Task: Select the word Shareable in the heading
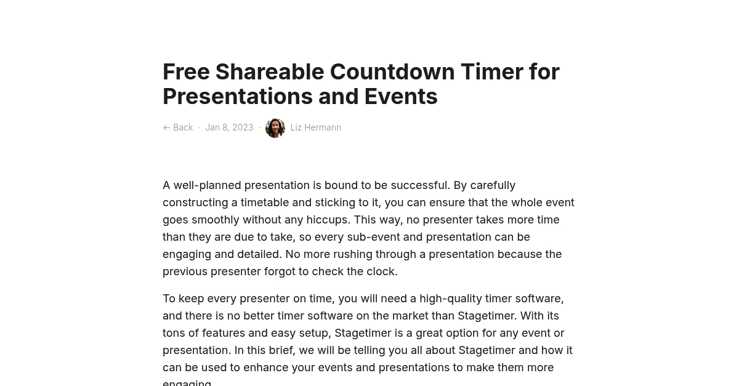tap(269, 72)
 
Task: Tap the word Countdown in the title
tap(391, 72)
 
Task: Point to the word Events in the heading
tap(400, 97)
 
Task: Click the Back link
tap(183, 127)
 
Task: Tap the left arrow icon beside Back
tap(166, 127)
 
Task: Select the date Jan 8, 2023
tap(229, 127)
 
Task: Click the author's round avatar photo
tap(275, 128)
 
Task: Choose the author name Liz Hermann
tap(315, 127)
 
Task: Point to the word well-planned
tap(207, 185)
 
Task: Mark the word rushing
tap(351, 254)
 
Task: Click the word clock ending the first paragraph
tap(381, 271)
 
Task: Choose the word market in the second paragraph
tap(410, 316)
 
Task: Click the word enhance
tap(267, 368)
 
